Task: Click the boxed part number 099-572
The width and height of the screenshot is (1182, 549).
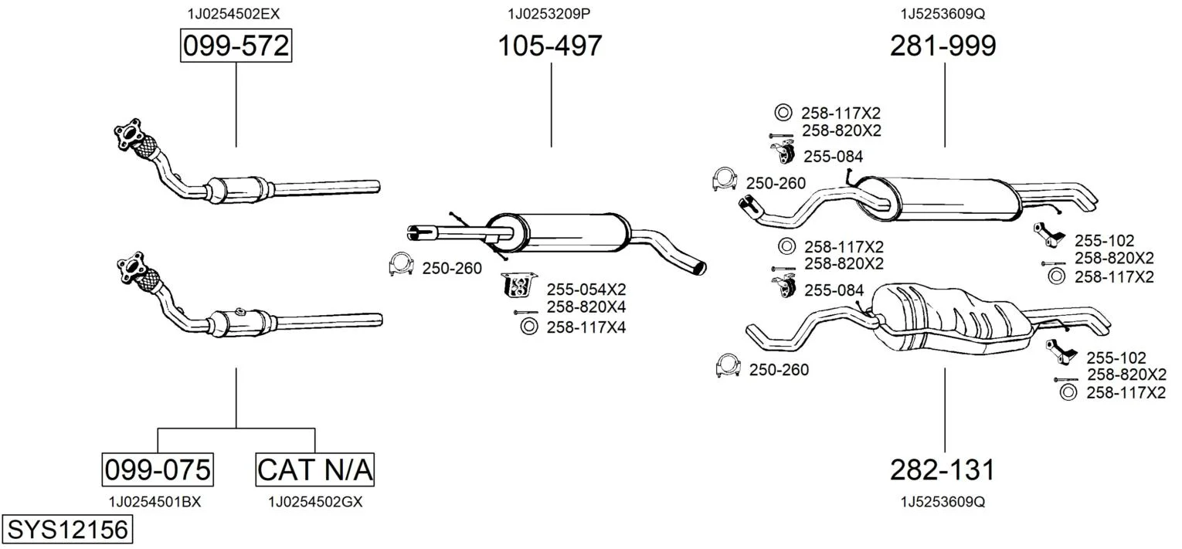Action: tap(236, 46)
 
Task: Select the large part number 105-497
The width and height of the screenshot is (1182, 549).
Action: tap(550, 46)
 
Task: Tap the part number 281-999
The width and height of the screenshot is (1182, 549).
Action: tap(943, 46)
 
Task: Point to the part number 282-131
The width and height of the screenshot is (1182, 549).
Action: tap(943, 469)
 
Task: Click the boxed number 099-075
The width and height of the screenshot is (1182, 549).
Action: tap(158, 469)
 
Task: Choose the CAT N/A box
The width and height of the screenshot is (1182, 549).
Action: tap(314, 469)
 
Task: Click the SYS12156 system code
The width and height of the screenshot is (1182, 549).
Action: tap(67, 530)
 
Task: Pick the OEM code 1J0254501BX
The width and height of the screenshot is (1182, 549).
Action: tap(155, 502)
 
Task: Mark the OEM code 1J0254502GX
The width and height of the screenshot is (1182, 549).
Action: tap(315, 502)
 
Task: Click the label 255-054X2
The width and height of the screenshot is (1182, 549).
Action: tap(586, 290)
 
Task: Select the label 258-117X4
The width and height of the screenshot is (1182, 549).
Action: tap(586, 327)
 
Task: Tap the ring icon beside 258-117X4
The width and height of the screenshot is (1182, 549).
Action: tap(529, 327)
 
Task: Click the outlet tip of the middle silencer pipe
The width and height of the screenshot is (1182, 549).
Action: tap(699, 267)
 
